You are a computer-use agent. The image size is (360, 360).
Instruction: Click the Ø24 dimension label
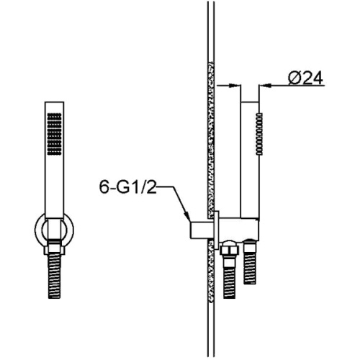point(305,78)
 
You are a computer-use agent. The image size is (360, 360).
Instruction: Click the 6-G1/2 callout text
point(127,187)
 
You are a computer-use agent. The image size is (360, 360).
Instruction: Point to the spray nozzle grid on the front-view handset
point(55,134)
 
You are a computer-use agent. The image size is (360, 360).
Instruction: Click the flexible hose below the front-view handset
point(55,276)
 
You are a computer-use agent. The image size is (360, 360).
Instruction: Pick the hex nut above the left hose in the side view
point(229,248)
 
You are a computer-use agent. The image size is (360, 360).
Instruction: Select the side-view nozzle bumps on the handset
point(259,134)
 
